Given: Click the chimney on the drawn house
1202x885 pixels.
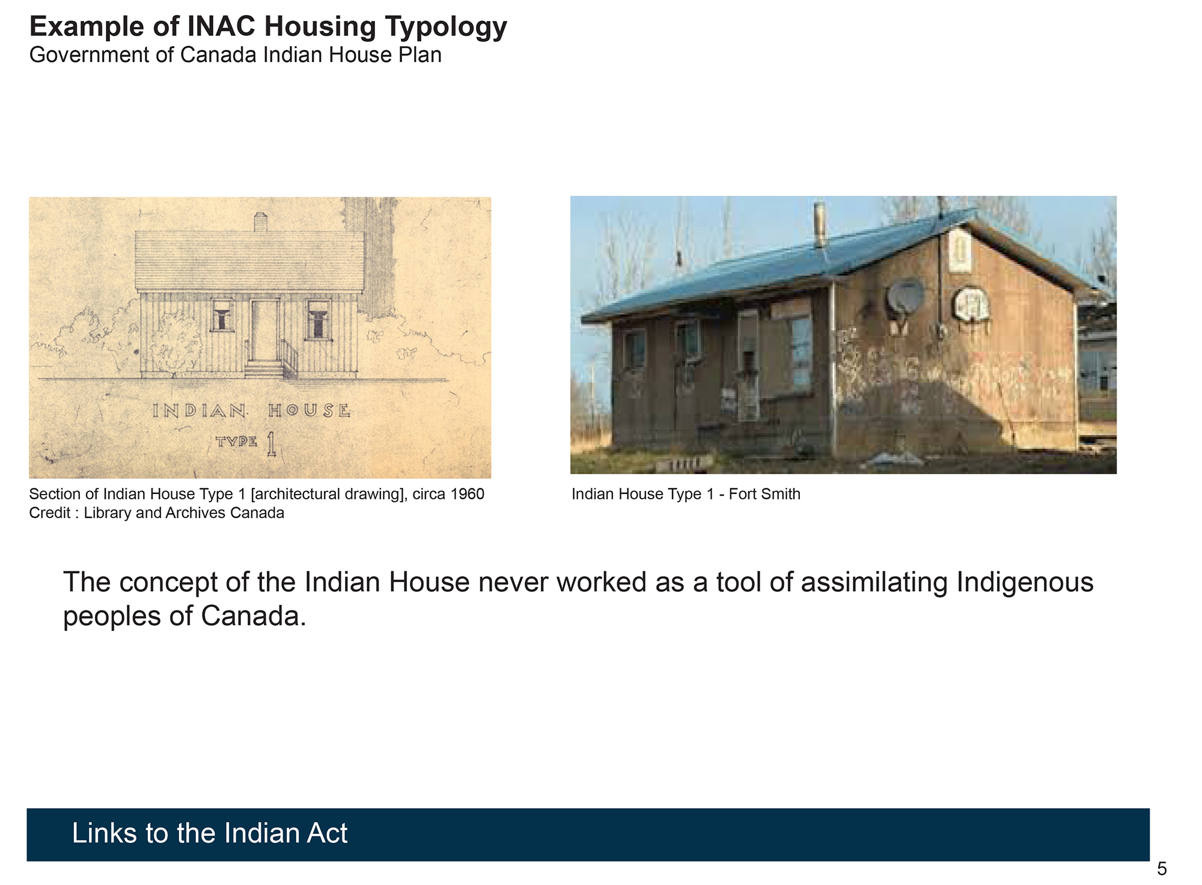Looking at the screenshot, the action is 260,222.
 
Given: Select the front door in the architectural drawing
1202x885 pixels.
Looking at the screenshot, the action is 264,330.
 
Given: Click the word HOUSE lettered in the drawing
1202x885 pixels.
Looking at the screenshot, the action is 310,411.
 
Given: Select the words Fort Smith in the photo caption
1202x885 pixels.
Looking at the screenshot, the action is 764,494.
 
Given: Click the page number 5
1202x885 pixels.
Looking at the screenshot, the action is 1162,869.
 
